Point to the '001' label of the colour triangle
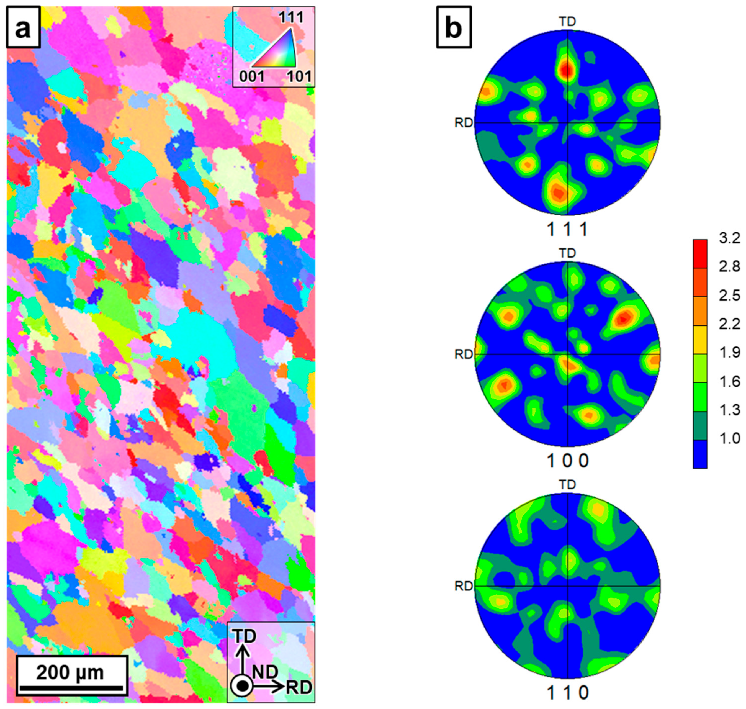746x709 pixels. (x=252, y=77)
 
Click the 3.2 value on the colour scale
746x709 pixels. (x=729, y=239)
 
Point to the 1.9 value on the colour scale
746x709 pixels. (x=729, y=353)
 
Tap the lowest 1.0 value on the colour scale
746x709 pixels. (x=729, y=438)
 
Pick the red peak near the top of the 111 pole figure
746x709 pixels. (x=566, y=70)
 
